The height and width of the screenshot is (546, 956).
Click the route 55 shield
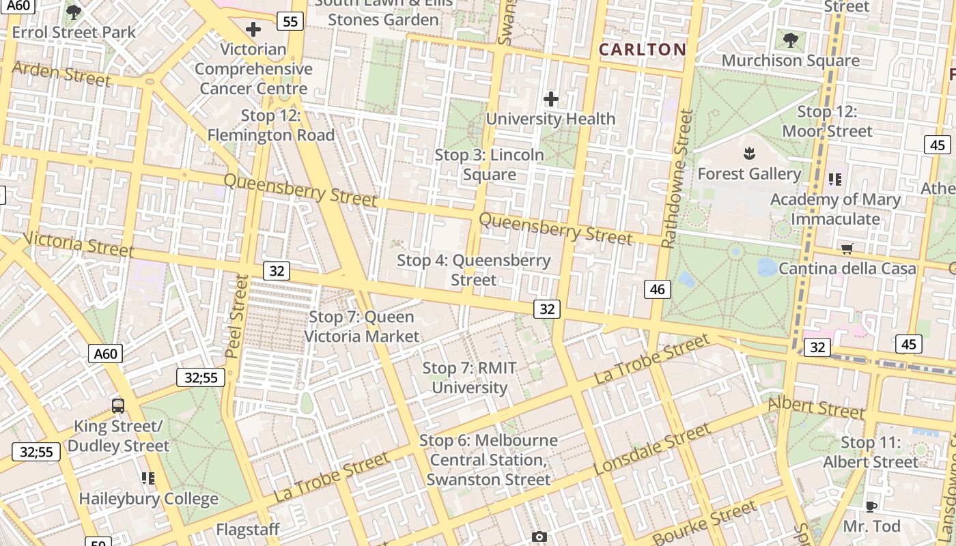point(290,22)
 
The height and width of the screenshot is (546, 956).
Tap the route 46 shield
point(657,289)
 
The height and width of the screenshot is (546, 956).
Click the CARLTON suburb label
point(642,49)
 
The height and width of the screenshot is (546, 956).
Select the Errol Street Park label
point(74,32)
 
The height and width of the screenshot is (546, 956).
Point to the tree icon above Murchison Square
point(791,40)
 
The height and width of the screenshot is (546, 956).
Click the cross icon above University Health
point(550,100)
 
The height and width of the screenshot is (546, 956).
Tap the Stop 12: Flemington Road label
point(271,126)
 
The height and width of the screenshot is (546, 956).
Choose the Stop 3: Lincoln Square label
point(490,164)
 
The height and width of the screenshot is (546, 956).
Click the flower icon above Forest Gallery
point(749,154)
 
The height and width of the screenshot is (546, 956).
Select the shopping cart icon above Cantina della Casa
point(847,248)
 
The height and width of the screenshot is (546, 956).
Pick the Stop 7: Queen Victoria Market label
point(361,326)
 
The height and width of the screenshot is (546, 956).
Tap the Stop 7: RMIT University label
point(470,378)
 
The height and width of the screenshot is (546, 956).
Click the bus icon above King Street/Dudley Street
point(118,406)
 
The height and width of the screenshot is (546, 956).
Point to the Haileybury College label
point(148,499)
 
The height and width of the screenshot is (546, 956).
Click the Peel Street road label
point(236,316)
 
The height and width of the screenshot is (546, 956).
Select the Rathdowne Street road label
point(677,179)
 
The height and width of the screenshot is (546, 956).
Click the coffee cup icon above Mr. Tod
point(871,506)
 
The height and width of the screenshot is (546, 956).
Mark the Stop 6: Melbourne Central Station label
point(488,460)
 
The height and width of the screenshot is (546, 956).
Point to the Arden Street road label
point(61,74)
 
